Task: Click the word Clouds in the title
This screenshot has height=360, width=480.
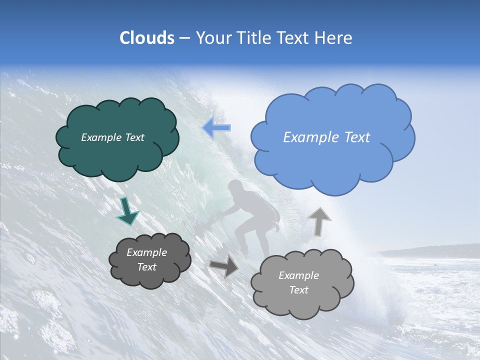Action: click(x=147, y=38)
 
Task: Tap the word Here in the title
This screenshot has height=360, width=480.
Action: click(x=334, y=38)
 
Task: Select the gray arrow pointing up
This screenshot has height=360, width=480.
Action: click(x=319, y=221)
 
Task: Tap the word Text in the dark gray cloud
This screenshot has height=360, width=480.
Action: click(x=147, y=267)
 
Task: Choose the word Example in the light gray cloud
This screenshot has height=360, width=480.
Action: click(x=298, y=275)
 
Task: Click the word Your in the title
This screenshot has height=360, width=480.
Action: click(x=212, y=38)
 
